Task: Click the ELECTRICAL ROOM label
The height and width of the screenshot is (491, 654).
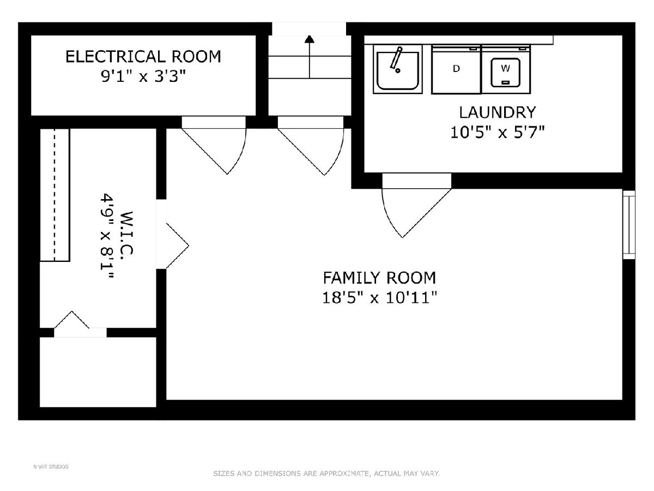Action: click(143, 57)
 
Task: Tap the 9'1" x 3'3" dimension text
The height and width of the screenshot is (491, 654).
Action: click(143, 76)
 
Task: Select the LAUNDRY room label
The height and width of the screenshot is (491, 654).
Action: click(497, 112)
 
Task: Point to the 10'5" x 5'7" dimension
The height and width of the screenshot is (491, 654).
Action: click(497, 132)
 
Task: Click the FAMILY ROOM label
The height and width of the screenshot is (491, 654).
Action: click(379, 278)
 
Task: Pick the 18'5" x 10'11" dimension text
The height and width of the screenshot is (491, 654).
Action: click(379, 297)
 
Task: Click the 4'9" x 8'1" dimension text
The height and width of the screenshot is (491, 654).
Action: click(107, 236)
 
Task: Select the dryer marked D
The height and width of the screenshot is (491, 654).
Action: click(456, 70)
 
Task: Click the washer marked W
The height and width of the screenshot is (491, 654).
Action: click(506, 70)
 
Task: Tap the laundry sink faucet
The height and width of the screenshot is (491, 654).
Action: click(396, 59)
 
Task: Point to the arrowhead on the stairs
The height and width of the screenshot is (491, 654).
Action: click(310, 39)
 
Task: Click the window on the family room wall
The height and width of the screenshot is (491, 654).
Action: click(629, 225)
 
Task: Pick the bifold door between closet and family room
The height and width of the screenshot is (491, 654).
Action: click(177, 246)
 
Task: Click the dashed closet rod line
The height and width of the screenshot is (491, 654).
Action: click(55, 195)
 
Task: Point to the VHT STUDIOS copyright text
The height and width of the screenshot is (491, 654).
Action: click(51, 466)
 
